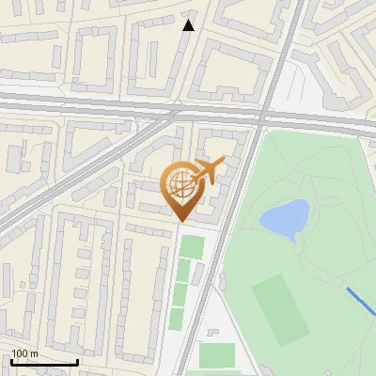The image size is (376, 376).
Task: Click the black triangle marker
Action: pos(188,24)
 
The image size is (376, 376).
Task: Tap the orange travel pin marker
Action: pos(183,188)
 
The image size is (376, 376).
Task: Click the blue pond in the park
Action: pos(284,217)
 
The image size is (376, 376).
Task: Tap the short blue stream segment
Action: pos(360,303)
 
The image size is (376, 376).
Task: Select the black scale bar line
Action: pos(44,362)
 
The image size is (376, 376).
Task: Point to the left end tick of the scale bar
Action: pos(11,360)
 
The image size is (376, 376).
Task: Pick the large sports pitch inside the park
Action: pos(279,308)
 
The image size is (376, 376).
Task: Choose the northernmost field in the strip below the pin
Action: pos(192,247)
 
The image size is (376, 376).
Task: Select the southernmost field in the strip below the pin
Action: pos(177,318)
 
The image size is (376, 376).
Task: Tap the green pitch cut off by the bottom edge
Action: pos(217,357)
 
